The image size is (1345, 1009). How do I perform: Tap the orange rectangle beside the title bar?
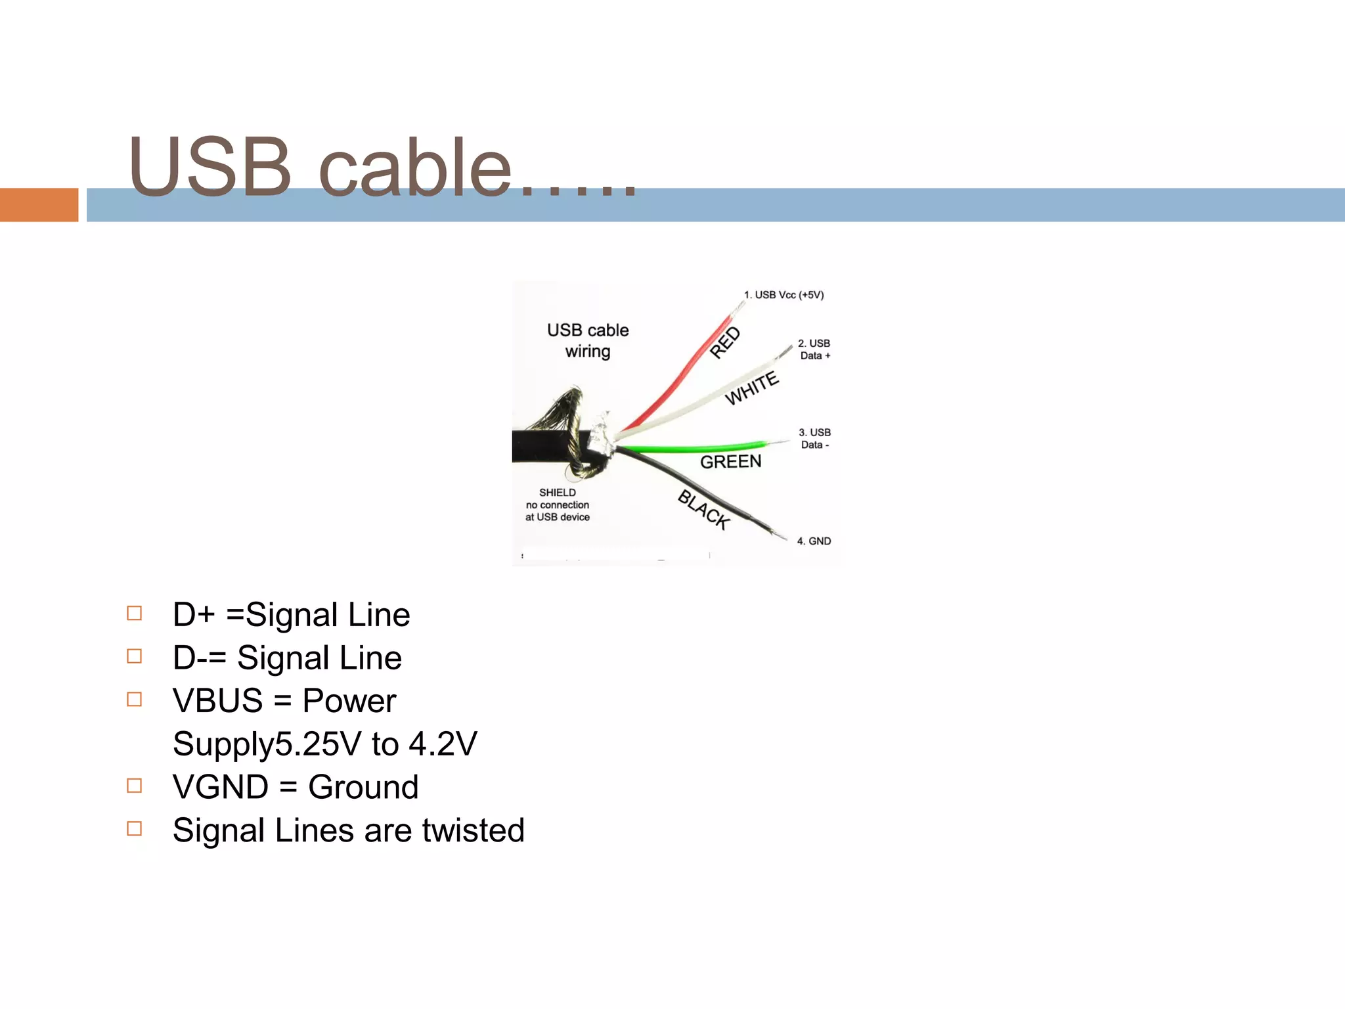point(39,205)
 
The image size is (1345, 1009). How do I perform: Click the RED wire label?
point(725,342)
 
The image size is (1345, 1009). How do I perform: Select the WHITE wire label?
point(752,388)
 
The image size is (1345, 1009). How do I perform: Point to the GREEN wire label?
point(730,462)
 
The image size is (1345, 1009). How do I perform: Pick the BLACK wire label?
point(704,510)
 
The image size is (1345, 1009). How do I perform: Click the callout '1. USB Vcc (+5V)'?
point(783,295)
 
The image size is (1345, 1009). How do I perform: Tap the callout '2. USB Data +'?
point(814,349)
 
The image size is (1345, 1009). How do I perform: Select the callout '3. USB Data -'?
point(815,438)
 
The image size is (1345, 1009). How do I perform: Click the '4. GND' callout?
point(814,541)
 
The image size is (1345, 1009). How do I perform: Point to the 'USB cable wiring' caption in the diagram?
point(588,340)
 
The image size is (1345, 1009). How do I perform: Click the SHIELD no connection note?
point(558,504)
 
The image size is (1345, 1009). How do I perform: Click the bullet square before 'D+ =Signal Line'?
point(135,613)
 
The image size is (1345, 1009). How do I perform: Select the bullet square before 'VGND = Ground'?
point(135,786)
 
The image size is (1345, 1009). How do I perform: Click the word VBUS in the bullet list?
point(217,701)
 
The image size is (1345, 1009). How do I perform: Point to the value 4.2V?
point(443,744)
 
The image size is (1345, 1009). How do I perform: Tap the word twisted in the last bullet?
point(474,830)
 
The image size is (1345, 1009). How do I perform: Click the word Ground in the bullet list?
point(363,787)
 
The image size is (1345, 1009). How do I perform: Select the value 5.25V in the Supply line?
point(318,744)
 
